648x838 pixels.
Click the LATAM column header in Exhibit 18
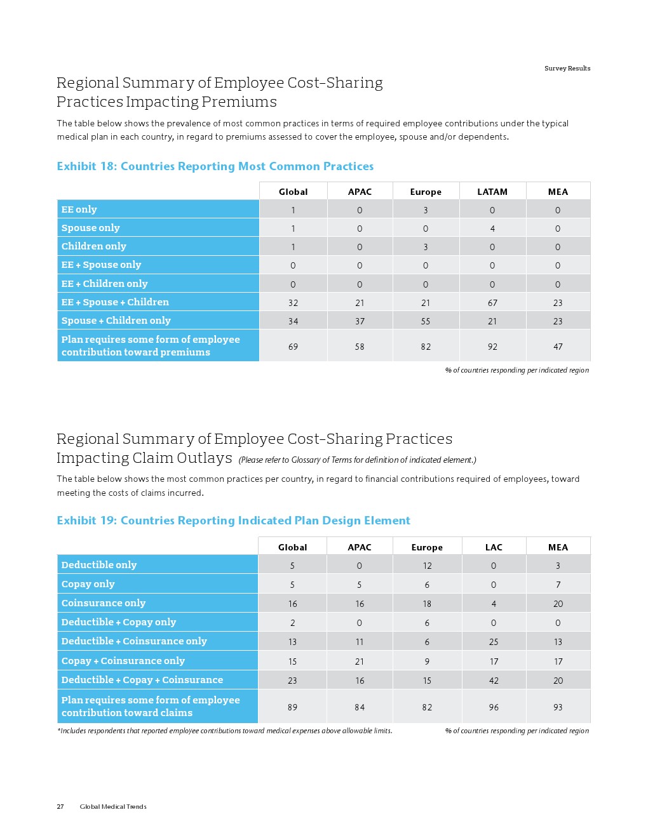coord(492,192)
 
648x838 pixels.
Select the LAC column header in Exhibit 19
coord(494,547)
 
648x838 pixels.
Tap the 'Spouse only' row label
coord(90,228)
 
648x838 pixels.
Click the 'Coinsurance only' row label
coord(103,603)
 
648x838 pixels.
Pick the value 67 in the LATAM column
coord(492,303)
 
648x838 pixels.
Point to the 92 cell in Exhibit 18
coord(492,347)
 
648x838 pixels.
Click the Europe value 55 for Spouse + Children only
coord(426,321)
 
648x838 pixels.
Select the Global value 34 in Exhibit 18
coord(293,321)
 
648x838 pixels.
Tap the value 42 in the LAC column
coord(494,681)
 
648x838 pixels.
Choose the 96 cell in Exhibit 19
coord(494,707)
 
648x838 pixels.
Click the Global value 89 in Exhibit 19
coord(292,707)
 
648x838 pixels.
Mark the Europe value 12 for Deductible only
coord(427,566)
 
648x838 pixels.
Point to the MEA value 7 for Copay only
coord(558,585)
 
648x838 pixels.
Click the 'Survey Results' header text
coord(567,69)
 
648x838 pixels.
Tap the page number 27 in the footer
coord(60,807)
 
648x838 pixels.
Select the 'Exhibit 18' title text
coord(215,166)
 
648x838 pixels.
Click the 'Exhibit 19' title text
coord(233,521)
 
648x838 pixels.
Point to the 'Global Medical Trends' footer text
coord(113,807)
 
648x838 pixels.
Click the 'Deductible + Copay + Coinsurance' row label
coord(142,680)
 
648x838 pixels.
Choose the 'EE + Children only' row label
coord(104,284)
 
